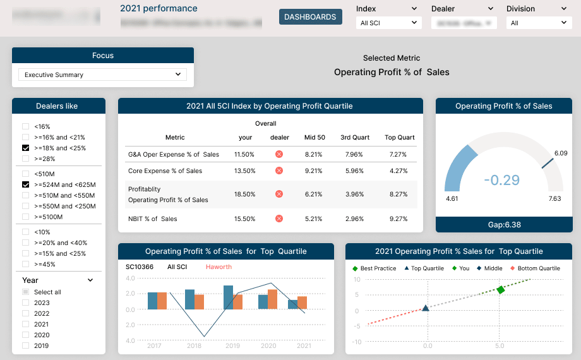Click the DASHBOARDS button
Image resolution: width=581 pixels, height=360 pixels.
click(310, 17)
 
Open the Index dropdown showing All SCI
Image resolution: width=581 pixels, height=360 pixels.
click(388, 23)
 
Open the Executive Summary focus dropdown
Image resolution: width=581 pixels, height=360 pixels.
click(102, 75)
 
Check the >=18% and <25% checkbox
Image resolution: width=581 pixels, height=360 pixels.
click(26, 148)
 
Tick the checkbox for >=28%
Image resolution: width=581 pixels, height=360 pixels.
click(26, 159)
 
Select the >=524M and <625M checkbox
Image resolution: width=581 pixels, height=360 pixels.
click(26, 184)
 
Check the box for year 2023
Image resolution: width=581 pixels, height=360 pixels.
click(26, 303)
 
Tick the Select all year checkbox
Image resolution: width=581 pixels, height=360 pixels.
click(26, 292)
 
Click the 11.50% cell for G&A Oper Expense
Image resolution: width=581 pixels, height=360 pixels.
click(244, 154)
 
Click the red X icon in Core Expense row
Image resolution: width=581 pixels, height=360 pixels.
click(279, 171)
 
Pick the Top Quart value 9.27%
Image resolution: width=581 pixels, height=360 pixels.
click(398, 219)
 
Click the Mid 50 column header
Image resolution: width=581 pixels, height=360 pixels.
click(314, 137)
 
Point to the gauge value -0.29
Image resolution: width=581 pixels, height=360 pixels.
click(502, 180)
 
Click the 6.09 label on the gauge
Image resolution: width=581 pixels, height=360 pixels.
click(560, 153)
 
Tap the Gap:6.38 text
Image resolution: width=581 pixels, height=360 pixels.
click(503, 224)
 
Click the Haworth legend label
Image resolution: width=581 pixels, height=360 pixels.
click(219, 267)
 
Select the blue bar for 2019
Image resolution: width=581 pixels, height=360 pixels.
click(228, 297)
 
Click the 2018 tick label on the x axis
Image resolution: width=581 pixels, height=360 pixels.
click(194, 345)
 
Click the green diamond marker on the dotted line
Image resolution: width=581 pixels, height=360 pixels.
click(500, 290)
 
